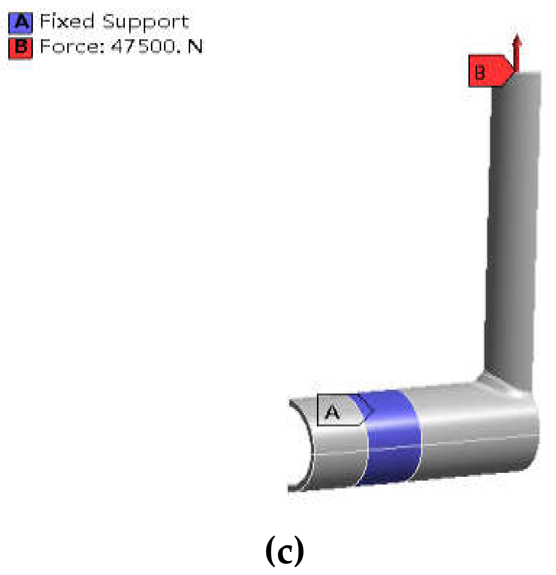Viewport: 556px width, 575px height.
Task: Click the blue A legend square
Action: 21,22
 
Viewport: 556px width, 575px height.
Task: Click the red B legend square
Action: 21,47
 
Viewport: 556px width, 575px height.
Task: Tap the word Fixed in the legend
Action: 67,22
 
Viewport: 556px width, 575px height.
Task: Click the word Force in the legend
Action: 72,47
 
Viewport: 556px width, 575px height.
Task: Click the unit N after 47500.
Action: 195,47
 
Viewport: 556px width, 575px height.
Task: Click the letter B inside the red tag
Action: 480,73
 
